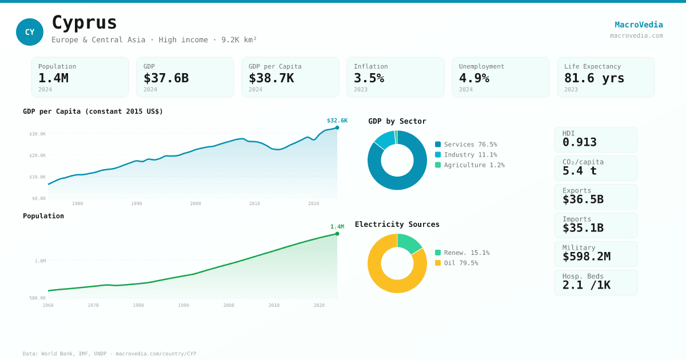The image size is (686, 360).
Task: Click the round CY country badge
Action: click(x=30, y=32)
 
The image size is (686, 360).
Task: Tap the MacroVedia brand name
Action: click(x=639, y=25)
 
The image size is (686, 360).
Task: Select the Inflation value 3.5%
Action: click(x=369, y=78)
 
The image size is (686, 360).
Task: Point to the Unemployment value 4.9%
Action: click(x=474, y=78)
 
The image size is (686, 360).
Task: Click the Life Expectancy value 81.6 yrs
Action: click(x=594, y=78)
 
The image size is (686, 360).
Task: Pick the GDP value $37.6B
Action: click(x=166, y=78)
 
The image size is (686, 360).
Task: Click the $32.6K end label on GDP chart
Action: click(x=337, y=121)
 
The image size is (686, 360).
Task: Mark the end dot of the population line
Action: click(x=337, y=234)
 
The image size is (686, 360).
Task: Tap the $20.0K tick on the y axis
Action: click(x=38, y=155)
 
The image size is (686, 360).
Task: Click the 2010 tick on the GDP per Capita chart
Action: click(x=254, y=203)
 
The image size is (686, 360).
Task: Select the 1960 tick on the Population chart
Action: click(x=48, y=305)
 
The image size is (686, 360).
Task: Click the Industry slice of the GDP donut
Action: click(x=384, y=139)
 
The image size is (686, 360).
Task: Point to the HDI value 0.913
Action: click(x=579, y=142)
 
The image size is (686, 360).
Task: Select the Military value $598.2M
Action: click(x=586, y=257)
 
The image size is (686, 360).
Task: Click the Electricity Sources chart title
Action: click(x=397, y=225)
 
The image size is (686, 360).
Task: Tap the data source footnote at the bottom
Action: click(x=109, y=354)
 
